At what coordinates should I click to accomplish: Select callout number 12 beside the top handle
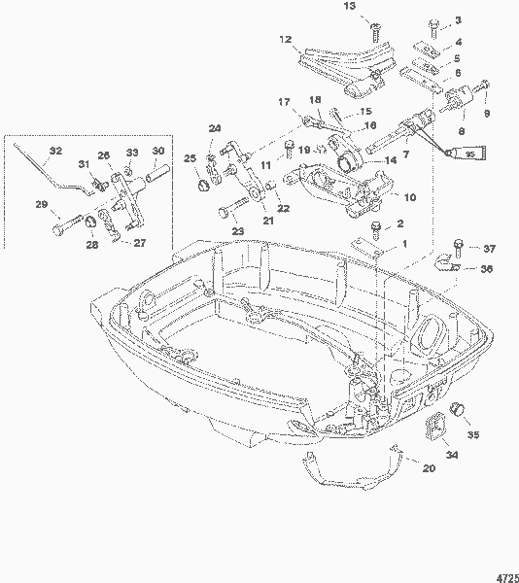(x=286, y=40)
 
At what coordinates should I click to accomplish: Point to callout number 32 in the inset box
(x=54, y=151)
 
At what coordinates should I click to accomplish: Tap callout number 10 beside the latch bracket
(x=408, y=197)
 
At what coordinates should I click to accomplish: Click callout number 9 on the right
(x=488, y=113)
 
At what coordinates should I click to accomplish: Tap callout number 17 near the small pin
(x=285, y=102)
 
